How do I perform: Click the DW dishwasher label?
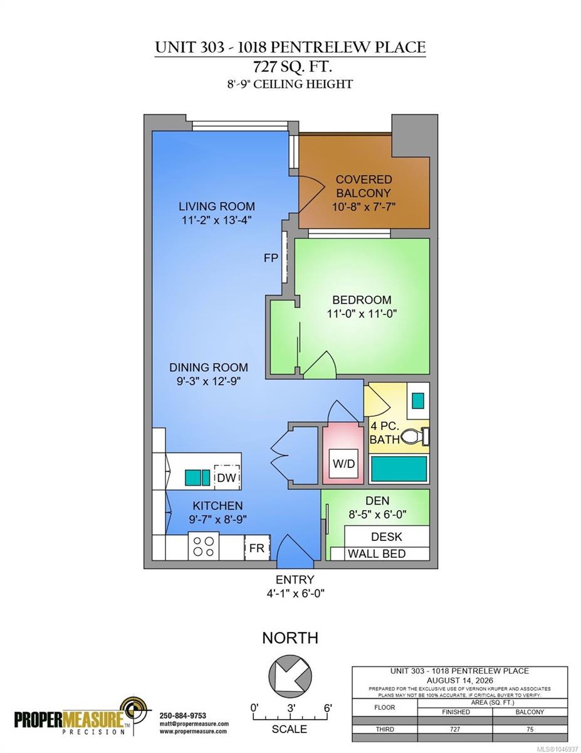[x=226, y=478]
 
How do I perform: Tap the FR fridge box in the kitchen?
[x=257, y=547]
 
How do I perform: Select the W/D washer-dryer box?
[x=343, y=463]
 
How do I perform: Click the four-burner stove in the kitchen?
[x=204, y=546]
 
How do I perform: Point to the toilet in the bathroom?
[x=414, y=437]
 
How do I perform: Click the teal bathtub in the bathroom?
[x=399, y=469]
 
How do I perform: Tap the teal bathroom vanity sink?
[x=418, y=400]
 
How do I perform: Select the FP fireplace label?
[x=271, y=258]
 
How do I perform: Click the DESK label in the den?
[x=387, y=537]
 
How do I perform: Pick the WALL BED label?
[x=377, y=553]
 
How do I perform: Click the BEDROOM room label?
[x=362, y=300]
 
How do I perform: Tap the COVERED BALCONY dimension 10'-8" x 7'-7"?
[x=364, y=207]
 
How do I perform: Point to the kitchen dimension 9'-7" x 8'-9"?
[x=217, y=520]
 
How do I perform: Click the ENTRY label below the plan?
[x=295, y=579]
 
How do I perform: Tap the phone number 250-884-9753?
[x=183, y=715]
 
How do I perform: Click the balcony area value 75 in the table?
[x=530, y=739]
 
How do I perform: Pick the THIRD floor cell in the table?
[x=385, y=739]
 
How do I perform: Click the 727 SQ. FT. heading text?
[x=293, y=66]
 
